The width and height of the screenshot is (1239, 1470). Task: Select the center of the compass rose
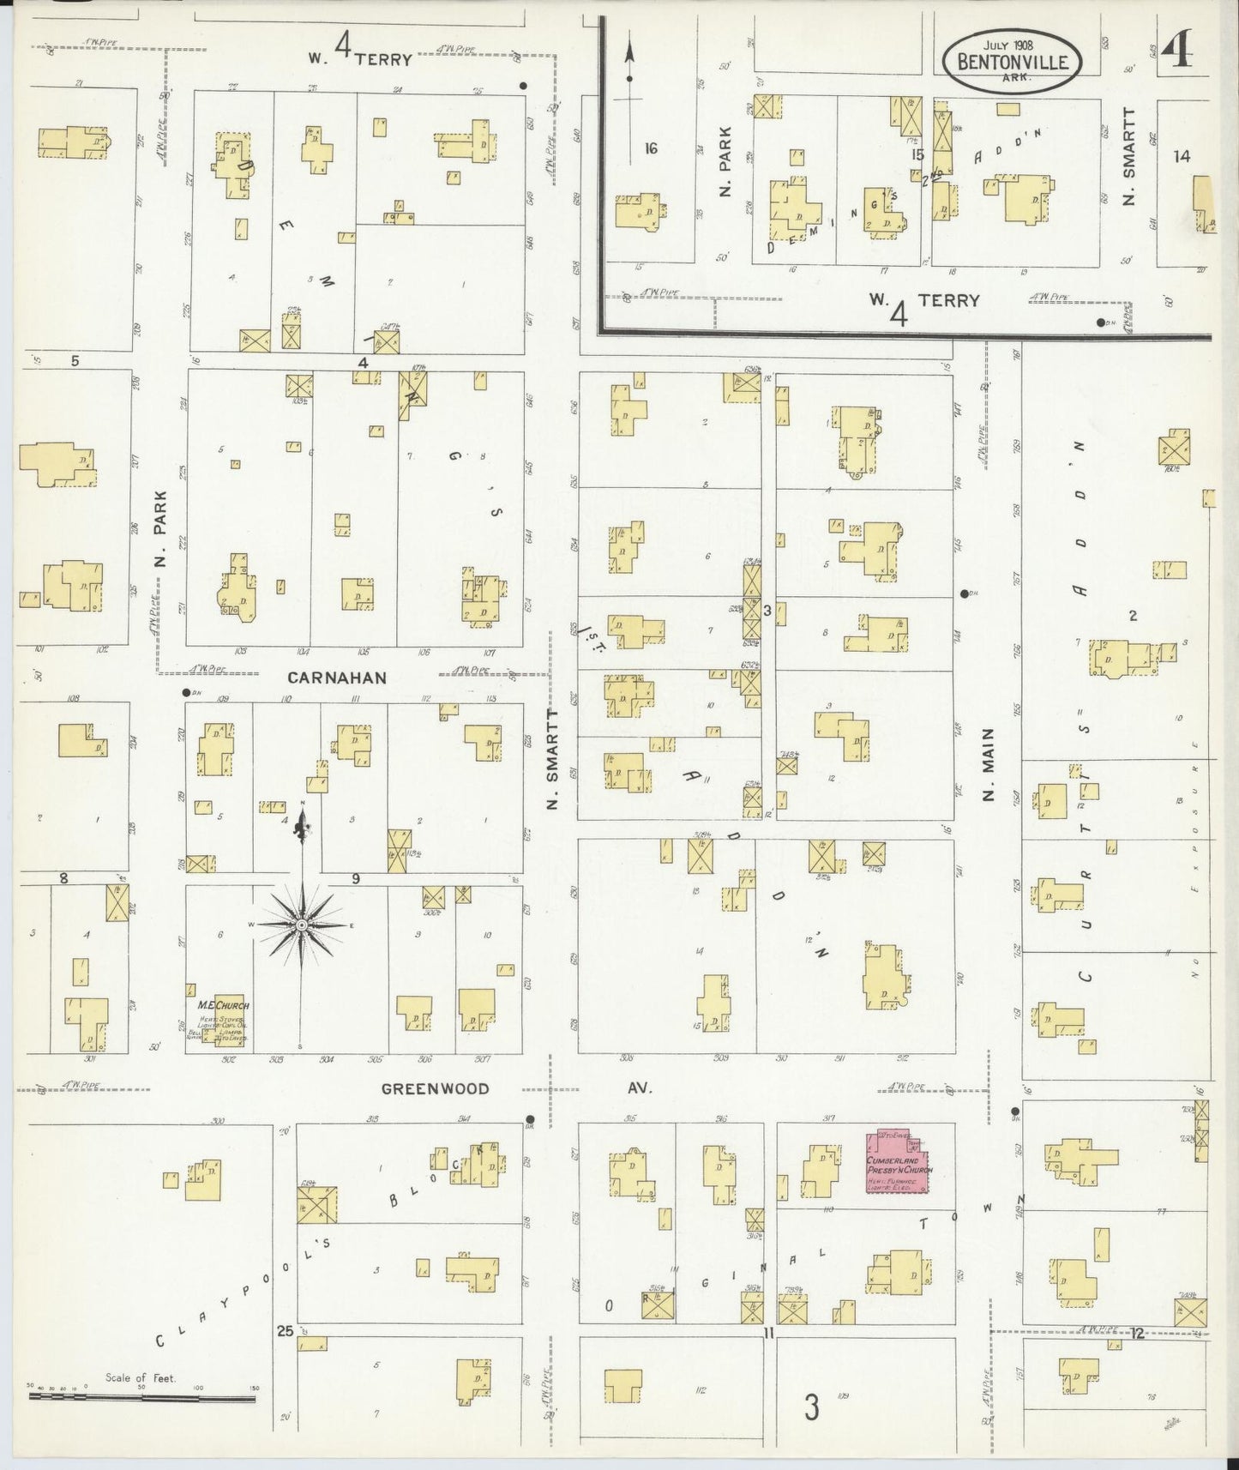[x=301, y=926]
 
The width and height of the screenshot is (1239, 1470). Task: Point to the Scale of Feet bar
[x=141, y=1397]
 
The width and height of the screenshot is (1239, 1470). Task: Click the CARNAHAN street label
[x=336, y=678]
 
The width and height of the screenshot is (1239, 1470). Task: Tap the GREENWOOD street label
[x=436, y=1088]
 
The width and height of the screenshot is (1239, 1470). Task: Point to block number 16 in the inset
[x=651, y=148]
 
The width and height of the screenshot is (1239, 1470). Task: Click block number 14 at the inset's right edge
[x=1182, y=156]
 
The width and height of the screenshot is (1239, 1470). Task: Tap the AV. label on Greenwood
[x=640, y=1088]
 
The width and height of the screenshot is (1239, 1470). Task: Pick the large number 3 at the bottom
[x=810, y=1407]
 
